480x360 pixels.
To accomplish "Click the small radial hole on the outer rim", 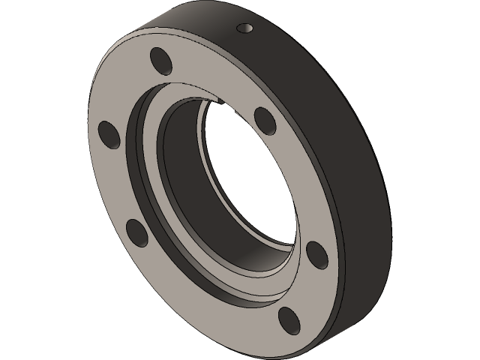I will pos(245,28).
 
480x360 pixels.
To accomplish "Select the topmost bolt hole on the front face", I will pos(160,60).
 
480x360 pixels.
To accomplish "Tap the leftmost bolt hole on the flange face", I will pos(109,134).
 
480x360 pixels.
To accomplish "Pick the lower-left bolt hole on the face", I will pos(137,232).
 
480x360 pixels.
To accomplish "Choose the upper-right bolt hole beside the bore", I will pos(264,118).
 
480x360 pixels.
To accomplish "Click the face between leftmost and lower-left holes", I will pos(112,187).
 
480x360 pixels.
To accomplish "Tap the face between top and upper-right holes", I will pos(217,79).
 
